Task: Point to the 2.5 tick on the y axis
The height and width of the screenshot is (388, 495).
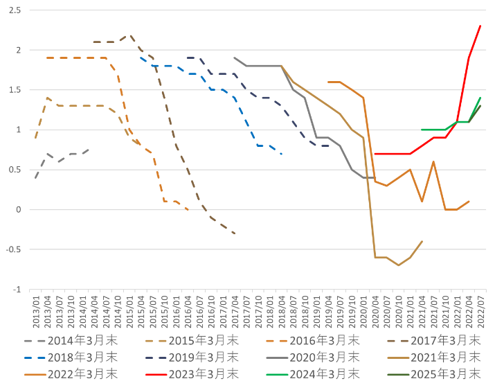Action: (16, 10)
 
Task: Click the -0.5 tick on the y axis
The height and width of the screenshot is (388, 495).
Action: (13, 250)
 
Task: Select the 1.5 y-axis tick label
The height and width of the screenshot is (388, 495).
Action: (16, 90)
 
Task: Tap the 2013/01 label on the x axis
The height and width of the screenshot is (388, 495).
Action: (36, 311)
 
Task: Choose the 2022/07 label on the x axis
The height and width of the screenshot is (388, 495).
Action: (480, 311)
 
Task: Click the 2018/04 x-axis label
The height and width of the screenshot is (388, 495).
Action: (281, 311)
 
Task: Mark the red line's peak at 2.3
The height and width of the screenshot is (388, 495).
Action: (480, 26)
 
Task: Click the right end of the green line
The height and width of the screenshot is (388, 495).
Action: (480, 98)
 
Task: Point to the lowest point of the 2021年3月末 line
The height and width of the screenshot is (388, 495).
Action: (399, 265)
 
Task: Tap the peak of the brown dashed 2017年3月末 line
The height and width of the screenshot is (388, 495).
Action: (129, 35)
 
